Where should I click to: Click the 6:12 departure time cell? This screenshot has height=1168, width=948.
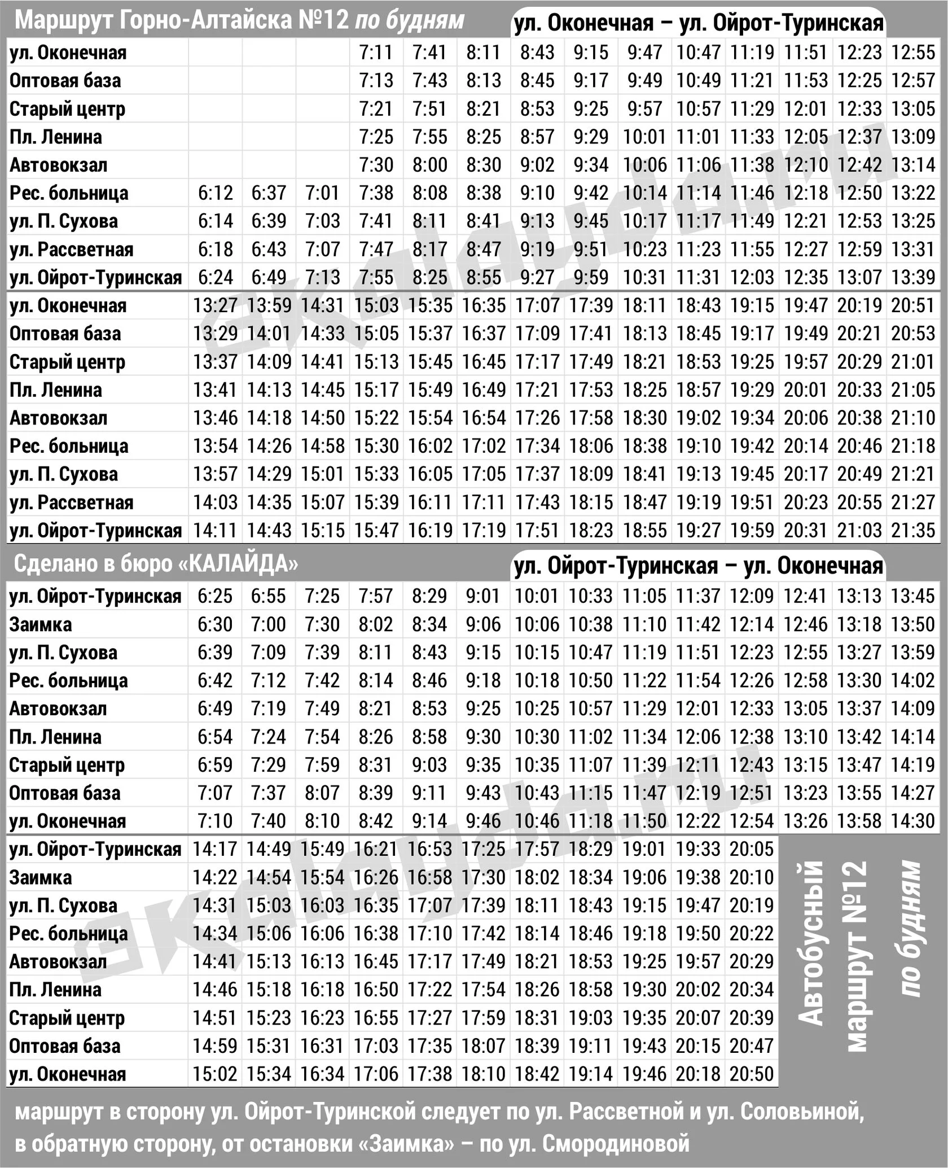[215, 193]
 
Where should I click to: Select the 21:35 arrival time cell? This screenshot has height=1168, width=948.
[913, 531]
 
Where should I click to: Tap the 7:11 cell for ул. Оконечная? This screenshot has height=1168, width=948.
[376, 53]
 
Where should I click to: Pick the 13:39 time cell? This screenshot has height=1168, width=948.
[913, 277]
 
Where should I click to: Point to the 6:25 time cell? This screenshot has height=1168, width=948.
[215, 596]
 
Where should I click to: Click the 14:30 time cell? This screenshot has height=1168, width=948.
[913, 821]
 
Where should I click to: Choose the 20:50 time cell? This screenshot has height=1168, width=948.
[752, 1074]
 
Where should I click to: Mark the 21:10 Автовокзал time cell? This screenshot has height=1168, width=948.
[913, 418]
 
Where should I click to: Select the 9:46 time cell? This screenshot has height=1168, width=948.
[484, 821]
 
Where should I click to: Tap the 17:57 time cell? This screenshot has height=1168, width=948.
[537, 850]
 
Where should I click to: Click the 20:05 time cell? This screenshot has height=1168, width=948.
[752, 850]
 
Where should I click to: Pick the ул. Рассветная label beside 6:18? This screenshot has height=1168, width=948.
[72, 250]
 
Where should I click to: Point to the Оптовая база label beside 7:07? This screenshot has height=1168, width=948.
[65, 793]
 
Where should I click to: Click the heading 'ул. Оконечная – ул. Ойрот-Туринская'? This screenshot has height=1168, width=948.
[699, 23]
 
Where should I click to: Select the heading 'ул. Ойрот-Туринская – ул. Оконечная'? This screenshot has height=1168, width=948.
[699, 566]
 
